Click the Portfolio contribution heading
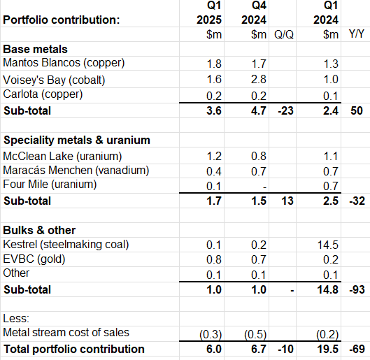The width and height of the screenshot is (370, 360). (x=62, y=20)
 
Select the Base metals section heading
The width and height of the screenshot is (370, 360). (x=36, y=50)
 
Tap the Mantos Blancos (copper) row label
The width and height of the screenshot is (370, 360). (x=64, y=63)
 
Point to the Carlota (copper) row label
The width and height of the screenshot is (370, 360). (x=43, y=95)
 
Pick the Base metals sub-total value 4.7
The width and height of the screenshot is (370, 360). (x=259, y=110)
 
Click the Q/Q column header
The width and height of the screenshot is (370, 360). (x=284, y=34)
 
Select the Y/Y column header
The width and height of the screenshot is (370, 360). (x=357, y=34)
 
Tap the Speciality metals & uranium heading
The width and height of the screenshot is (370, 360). (x=77, y=140)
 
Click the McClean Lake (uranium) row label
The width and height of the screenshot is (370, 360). (x=62, y=155)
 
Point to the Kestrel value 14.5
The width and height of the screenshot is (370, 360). (x=327, y=245)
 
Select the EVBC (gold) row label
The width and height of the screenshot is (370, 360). (x=36, y=260)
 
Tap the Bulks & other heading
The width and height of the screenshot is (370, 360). (x=40, y=230)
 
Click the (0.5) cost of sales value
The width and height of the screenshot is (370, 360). (x=257, y=333)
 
